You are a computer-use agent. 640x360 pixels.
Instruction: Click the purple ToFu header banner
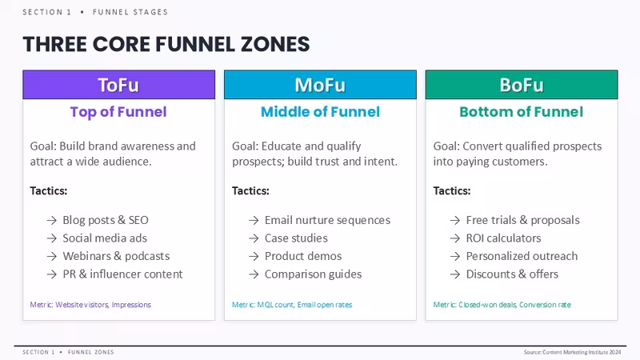(x=118, y=85)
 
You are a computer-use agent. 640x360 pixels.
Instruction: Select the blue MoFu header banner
(x=321, y=85)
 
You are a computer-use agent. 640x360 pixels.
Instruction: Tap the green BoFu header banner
(x=522, y=85)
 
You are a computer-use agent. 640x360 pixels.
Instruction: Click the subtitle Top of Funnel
(x=118, y=112)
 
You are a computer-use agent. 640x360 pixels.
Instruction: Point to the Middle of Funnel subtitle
(x=321, y=112)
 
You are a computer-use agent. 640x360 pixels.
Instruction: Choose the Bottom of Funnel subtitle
(x=522, y=112)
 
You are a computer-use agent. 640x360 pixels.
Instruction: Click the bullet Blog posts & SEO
(x=106, y=220)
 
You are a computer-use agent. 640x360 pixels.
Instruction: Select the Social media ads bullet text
(x=105, y=238)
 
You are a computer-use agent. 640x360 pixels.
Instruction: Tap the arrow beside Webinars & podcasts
(x=51, y=256)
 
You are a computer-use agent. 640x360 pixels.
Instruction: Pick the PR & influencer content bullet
(x=122, y=274)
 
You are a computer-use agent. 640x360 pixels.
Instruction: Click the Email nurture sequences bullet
(x=327, y=220)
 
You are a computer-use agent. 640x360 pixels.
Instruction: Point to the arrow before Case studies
(x=254, y=238)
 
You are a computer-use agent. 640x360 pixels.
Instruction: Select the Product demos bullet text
(x=303, y=256)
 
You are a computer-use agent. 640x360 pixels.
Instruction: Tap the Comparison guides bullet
(x=313, y=274)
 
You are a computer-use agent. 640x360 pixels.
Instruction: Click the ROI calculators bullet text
(x=503, y=238)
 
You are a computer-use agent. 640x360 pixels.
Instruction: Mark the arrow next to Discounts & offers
(x=454, y=274)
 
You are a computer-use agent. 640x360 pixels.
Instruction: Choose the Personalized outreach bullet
(x=522, y=256)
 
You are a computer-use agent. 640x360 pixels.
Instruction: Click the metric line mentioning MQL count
(x=292, y=305)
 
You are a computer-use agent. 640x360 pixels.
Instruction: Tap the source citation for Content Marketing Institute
(x=572, y=352)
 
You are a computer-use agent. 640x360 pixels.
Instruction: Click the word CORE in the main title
(x=122, y=44)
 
